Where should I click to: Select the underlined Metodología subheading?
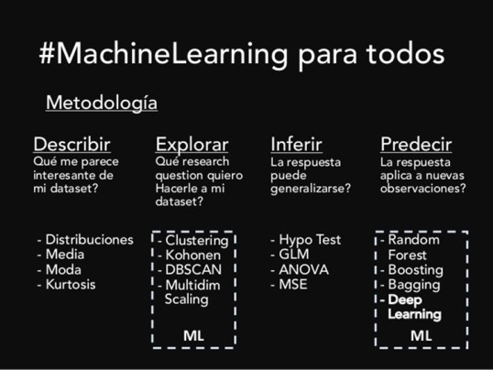tap(101, 103)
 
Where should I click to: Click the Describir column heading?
tap(71, 144)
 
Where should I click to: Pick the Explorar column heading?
tap(192, 144)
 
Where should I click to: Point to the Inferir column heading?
tap(301, 144)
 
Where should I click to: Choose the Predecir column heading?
tap(418, 144)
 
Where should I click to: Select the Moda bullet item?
tap(65, 270)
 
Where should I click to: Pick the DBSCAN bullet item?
tap(193, 270)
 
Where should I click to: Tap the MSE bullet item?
tap(294, 285)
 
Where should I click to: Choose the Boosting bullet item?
tap(415, 270)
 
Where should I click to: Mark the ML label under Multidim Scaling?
tap(193, 335)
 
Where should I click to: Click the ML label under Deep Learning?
tap(421, 335)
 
